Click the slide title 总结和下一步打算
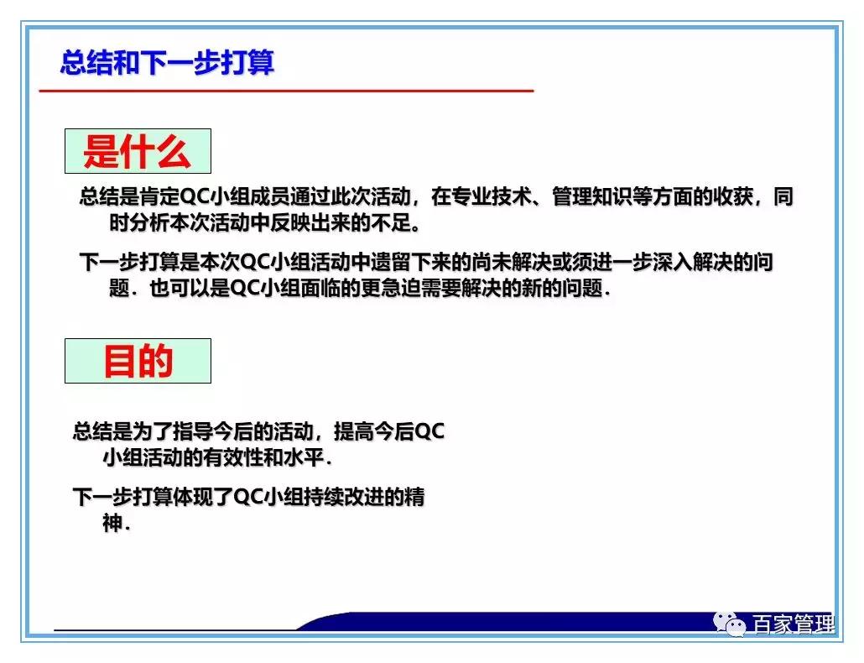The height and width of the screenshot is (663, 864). pyautogui.click(x=167, y=63)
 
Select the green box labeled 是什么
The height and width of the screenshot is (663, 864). pyautogui.click(x=138, y=152)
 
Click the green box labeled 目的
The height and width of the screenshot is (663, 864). pyautogui.click(x=138, y=361)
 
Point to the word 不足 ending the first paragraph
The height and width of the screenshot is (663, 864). pyautogui.click(x=389, y=224)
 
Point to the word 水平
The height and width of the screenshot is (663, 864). pyautogui.click(x=305, y=459)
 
